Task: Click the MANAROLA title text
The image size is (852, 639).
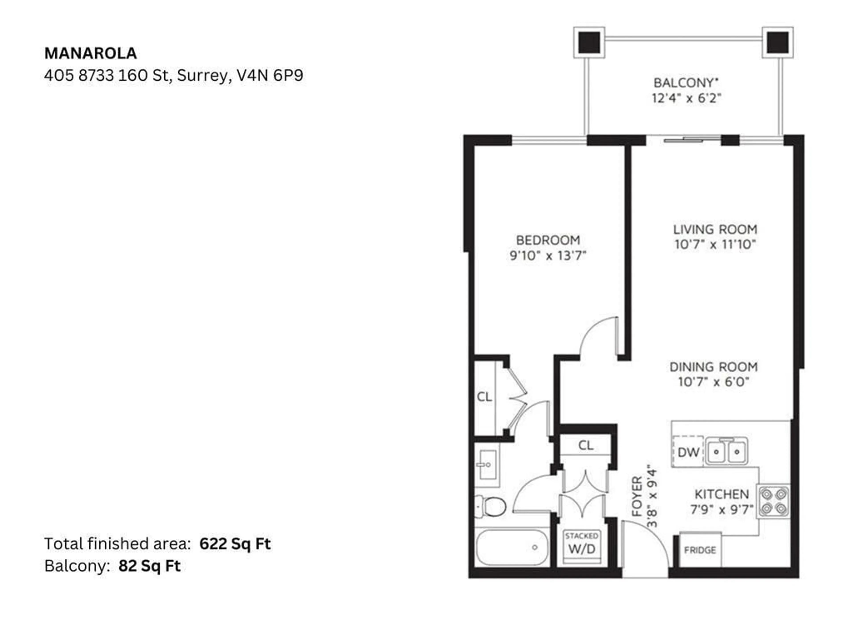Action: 91,53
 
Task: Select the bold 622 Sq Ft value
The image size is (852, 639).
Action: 235,544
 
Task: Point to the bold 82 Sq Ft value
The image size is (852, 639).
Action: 150,566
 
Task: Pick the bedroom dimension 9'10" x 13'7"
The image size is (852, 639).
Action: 548,255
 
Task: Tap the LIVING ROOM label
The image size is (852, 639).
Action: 715,230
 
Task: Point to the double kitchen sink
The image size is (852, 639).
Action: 726,452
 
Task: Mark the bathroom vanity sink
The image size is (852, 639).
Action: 488,465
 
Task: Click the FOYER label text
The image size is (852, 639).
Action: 637,497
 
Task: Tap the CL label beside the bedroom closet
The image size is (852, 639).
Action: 484,397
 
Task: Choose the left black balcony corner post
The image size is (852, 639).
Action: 589,42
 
